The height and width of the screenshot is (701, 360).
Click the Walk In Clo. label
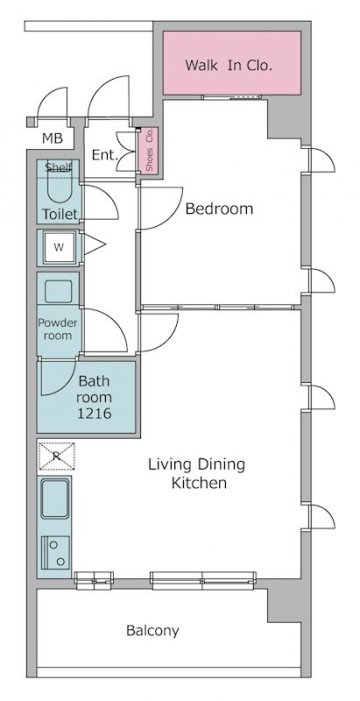pos(229,66)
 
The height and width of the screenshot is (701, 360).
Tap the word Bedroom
pos(219,209)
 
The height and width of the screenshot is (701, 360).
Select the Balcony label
pos(153,631)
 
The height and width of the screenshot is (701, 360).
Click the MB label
pos(53,139)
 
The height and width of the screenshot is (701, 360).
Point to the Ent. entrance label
pos(105,155)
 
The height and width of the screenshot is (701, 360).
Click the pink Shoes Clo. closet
pos(149,151)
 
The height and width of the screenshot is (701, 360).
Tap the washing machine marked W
pos(59,247)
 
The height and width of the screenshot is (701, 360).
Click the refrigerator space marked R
pos(56,456)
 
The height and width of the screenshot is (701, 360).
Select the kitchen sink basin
pos(55,498)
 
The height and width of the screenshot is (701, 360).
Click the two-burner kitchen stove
pos(56,553)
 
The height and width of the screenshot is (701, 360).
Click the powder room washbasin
pos(59,291)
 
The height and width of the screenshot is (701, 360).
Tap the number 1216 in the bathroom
pos(94,414)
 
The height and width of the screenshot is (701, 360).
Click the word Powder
pos(58,323)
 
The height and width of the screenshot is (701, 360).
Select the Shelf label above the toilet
pos(59,168)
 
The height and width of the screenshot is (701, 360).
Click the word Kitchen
pos(199,483)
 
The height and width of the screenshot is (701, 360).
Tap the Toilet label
pos(60,215)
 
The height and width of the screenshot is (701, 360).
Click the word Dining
pos(222,465)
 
